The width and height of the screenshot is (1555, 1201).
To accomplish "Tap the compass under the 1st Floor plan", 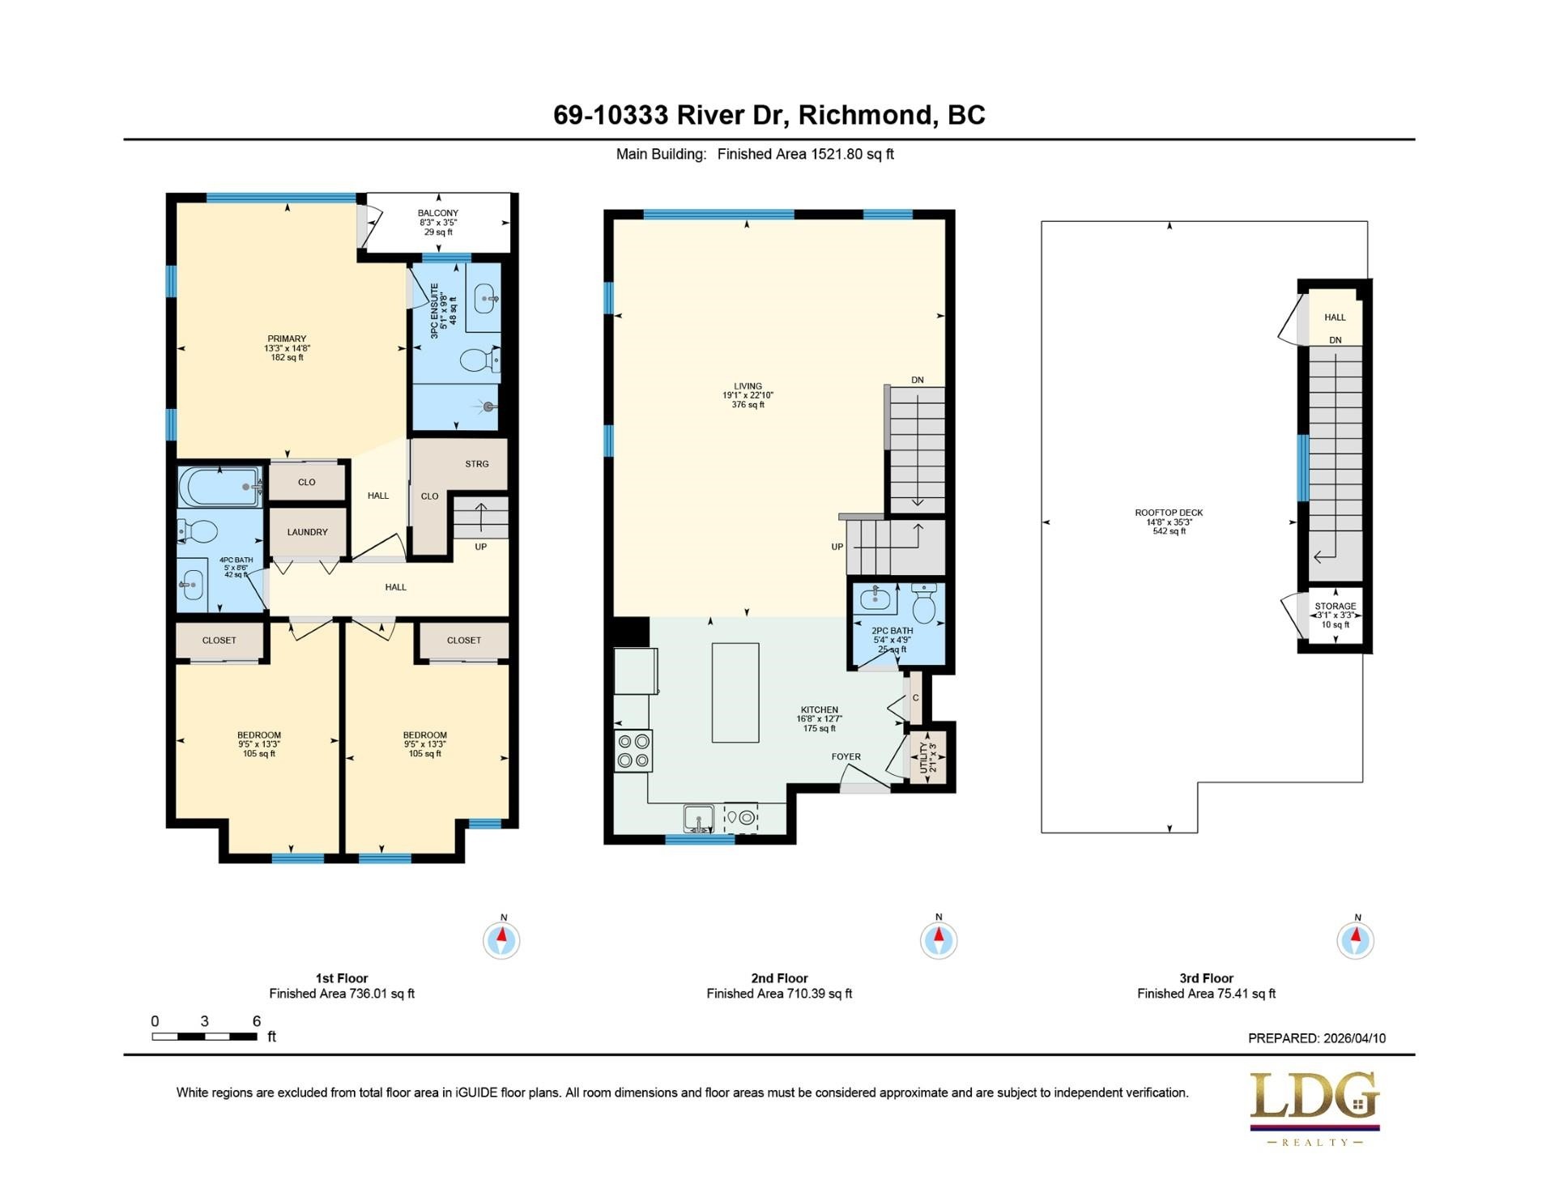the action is click(x=502, y=939).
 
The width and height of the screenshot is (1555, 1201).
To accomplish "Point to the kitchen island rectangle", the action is click(x=735, y=692).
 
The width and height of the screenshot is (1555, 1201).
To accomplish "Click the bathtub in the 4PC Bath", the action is click(x=220, y=487).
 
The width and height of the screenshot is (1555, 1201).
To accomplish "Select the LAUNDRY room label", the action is click(x=307, y=532).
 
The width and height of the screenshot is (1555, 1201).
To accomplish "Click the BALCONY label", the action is click(x=438, y=213).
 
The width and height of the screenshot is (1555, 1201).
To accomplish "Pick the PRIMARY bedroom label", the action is click(x=288, y=339).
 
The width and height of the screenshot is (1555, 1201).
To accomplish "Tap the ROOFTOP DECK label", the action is click(x=1169, y=513).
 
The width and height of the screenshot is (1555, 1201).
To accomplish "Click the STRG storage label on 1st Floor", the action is click(x=477, y=464).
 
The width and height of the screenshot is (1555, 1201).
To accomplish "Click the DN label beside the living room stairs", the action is click(x=918, y=380).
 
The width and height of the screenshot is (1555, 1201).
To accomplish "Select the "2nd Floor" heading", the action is click(x=779, y=978).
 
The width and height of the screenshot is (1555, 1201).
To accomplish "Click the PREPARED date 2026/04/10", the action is click(x=1354, y=1038).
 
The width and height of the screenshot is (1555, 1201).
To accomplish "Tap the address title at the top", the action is click(x=769, y=115).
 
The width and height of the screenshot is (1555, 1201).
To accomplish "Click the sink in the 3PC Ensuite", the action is click(x=484, y=298).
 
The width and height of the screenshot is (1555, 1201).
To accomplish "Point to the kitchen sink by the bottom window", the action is click(x=698, y=819).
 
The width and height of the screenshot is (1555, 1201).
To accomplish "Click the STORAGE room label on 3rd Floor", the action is click(x=1336, y=606).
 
